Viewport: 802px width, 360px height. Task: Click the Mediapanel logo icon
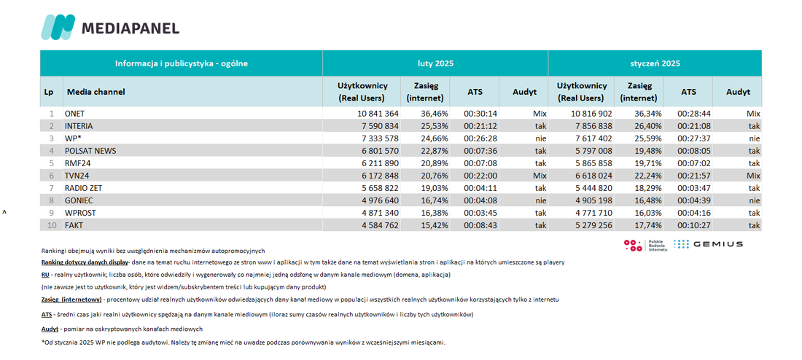pyautogui.click(x=58, y=27)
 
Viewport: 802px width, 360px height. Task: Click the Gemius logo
pyautogui.click(x=708, y=244)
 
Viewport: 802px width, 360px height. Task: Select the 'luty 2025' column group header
pyautogui.click(x=435, y=64)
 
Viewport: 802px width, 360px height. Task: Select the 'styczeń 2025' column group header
pyautogui.click(x=655, y=64)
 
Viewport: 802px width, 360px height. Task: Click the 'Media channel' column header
pyautogui.click(x=96, y=92)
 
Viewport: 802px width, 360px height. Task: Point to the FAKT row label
pyautogui.click(x=74, y=225)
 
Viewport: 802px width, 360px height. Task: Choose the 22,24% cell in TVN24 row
pyautogui.click(x=647, y=176)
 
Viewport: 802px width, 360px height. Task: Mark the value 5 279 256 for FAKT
pyautogui.click(x=591, y=225)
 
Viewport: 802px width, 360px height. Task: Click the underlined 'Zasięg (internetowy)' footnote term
pyautogui.click(x=71, y=300)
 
